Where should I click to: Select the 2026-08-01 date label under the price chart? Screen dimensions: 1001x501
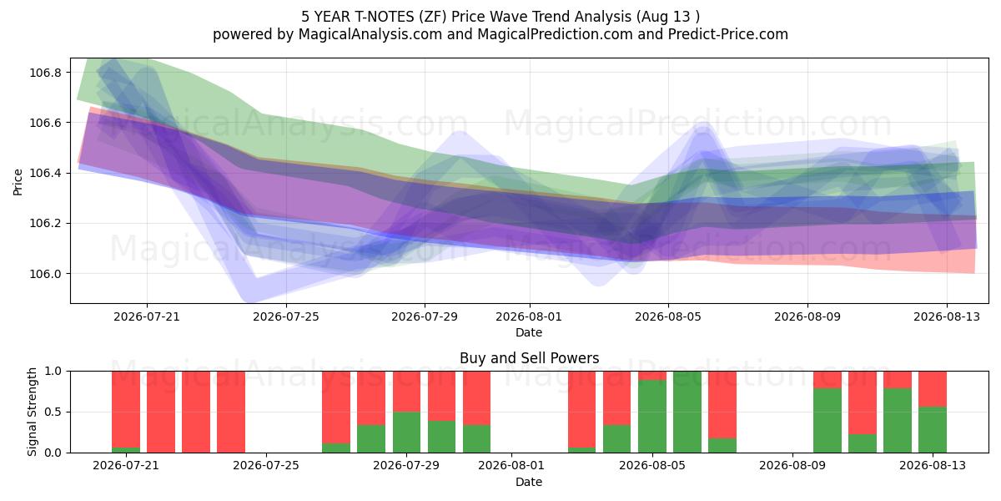[529, 316]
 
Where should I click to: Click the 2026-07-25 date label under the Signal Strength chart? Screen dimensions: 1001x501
[266, 466]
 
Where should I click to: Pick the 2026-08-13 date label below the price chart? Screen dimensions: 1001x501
[947, 316]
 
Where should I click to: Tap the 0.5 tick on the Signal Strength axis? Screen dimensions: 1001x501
[53, 412]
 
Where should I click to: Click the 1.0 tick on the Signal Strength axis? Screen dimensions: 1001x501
[53, 372]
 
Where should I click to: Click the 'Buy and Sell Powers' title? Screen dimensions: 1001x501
[529, 358]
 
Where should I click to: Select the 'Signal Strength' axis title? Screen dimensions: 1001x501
[32, 412]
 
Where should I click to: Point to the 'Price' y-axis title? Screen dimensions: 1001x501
[18, 182]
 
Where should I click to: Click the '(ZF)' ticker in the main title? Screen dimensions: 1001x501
[433, 17]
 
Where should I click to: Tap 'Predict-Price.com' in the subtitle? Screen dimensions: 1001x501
[728, 34]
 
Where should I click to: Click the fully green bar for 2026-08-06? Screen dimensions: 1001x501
[687, 412]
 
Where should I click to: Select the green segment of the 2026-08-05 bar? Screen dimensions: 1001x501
[652, 417]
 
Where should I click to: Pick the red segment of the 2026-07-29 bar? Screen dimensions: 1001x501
[407, 392]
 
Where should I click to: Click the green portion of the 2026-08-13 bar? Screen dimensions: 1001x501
[933, 430]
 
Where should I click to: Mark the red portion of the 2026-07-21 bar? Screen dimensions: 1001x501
[126, 409]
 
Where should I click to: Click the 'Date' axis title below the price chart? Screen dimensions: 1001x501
[529, 333]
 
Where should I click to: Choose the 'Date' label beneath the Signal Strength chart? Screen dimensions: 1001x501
[529, 483]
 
